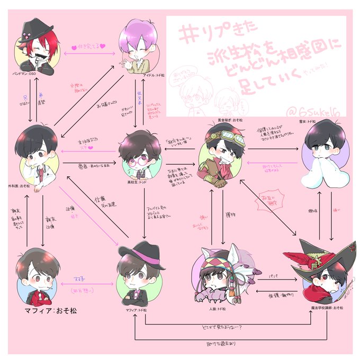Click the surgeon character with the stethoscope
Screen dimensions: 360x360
click(x=37, y=156)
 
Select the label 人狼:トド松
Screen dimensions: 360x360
click(x=217, y=308)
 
